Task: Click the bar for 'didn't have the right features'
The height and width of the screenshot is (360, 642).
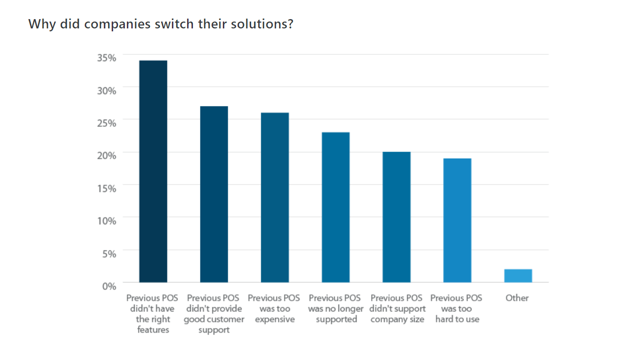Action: coord(153,171)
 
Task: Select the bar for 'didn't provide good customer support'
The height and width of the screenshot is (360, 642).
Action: coord(214,194)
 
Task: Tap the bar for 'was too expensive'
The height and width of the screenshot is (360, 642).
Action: coord(275,197)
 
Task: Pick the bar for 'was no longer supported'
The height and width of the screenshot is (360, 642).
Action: coord(335,207)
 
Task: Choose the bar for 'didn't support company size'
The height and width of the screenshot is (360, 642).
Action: coord(396,217)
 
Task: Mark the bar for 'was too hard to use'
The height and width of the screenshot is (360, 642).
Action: coord(457,220)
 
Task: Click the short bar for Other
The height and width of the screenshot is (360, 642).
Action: coord(518,276)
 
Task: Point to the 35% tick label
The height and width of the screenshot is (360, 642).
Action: coord(106,58)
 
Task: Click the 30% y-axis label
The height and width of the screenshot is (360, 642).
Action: coord(106,91)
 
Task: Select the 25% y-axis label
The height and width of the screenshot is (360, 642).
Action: coord(106,123)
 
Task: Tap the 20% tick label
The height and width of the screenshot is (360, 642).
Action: coord(106,155)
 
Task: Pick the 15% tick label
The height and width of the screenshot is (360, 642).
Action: coord(106,188)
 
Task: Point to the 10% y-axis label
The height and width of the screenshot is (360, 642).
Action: coord(106,220)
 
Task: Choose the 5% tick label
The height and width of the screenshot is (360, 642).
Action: coord(109,253)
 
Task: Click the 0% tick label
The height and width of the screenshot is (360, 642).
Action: coord(109,286)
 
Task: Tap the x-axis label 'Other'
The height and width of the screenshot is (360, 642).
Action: coord(517,298)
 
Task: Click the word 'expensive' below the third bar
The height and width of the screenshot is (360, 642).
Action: coord(275,319)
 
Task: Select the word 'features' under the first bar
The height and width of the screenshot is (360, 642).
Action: coord(153,330)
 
